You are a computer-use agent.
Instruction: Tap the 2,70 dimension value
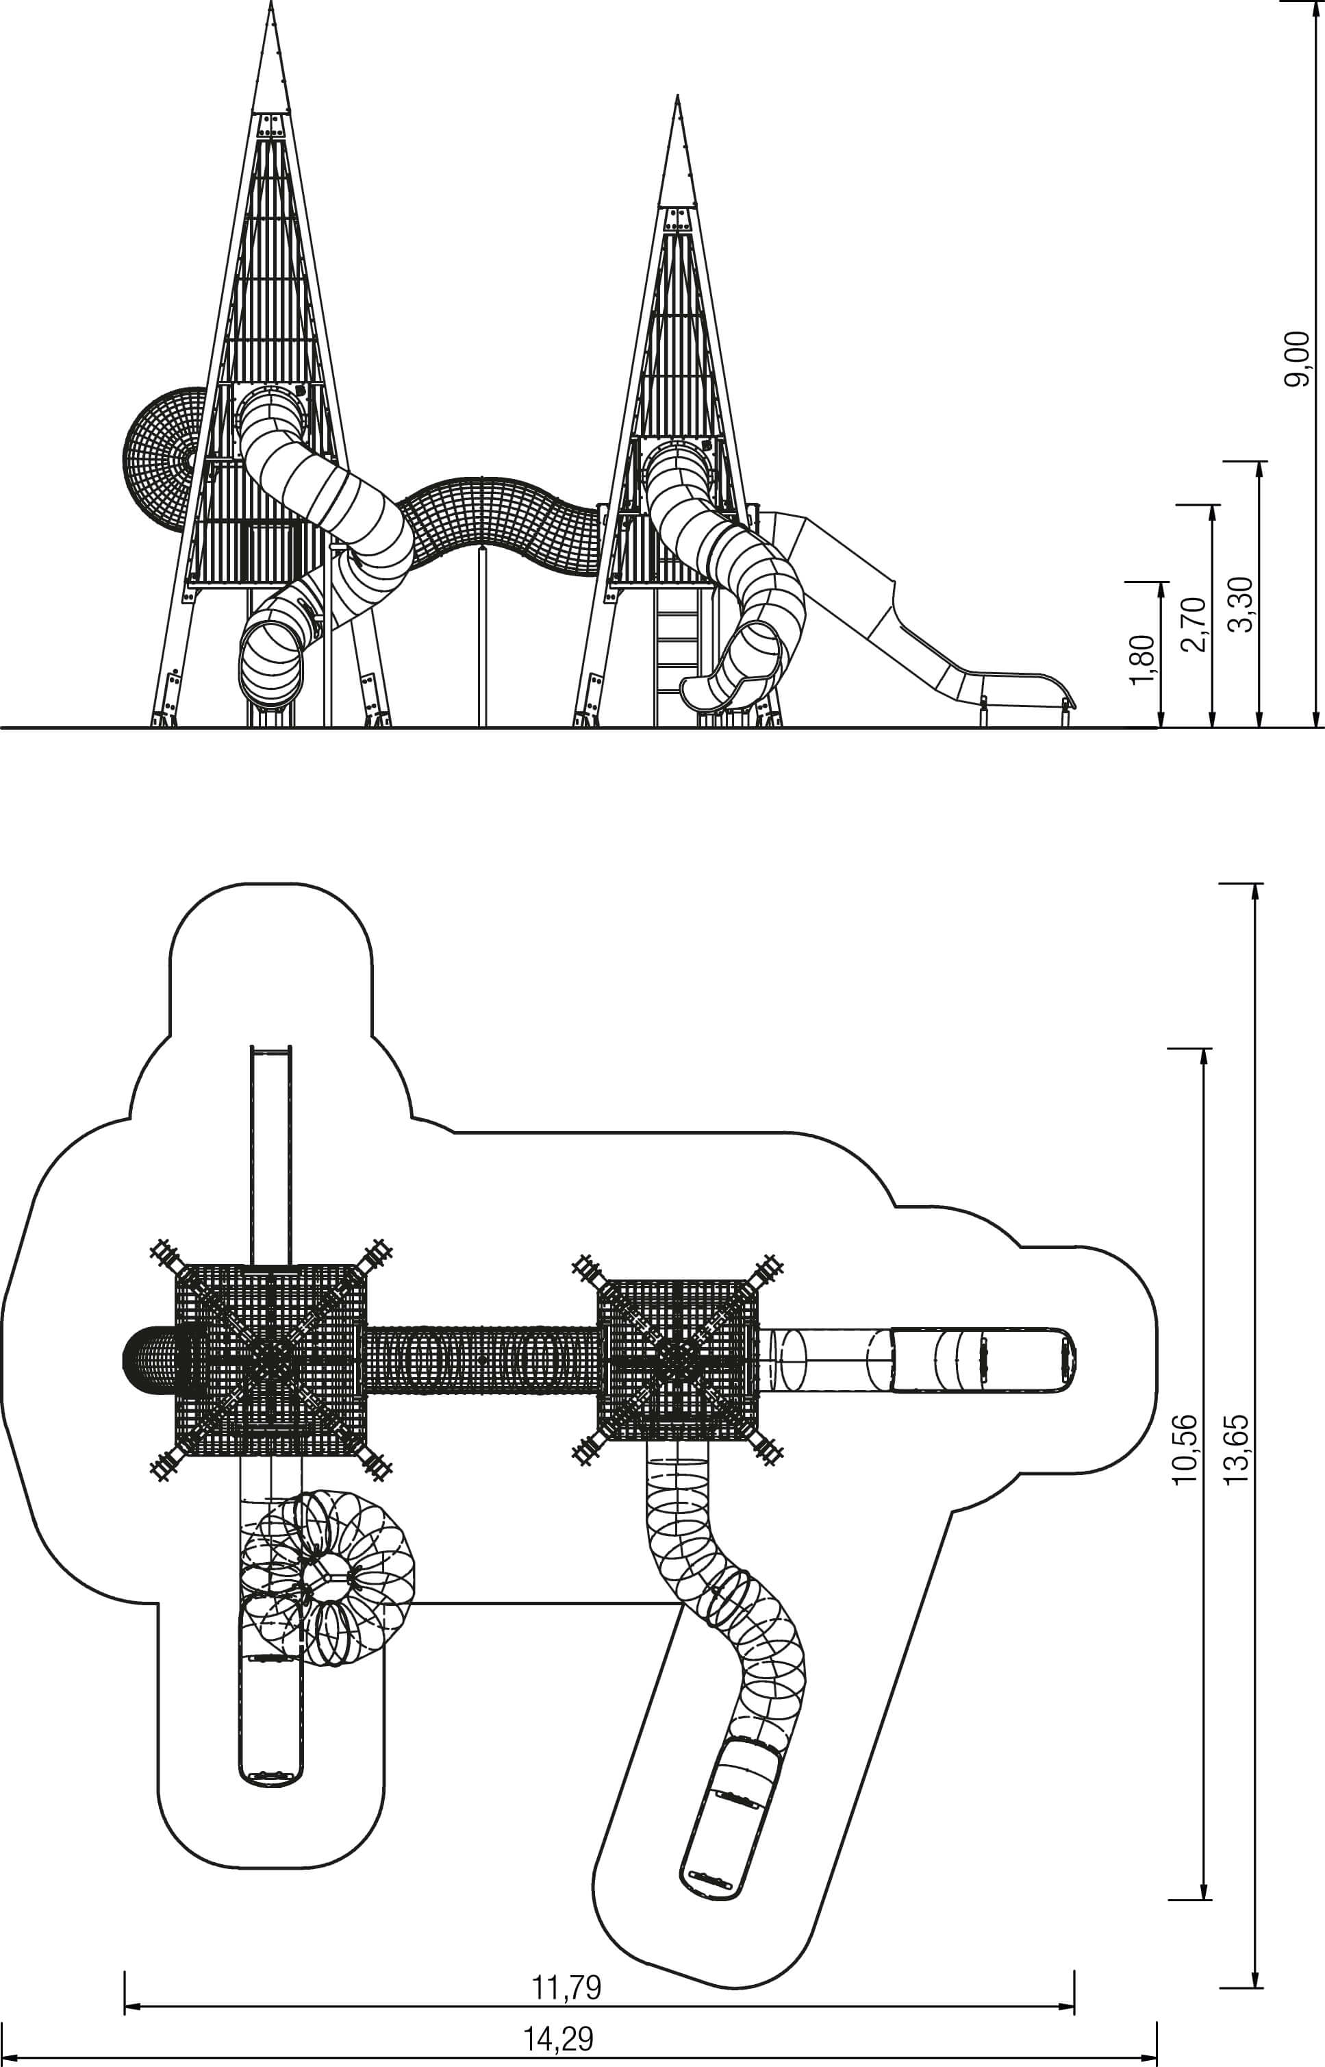point(1194,624)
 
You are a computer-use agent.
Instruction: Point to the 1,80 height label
point(1143,660)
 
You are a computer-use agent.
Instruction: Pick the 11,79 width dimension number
point(566,1988)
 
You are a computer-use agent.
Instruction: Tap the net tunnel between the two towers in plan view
point(482,1360)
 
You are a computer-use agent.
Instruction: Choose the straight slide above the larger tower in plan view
point(271,1154)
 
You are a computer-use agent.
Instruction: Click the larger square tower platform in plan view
point(271,1360)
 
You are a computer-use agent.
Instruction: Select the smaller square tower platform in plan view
point(678,1360)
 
